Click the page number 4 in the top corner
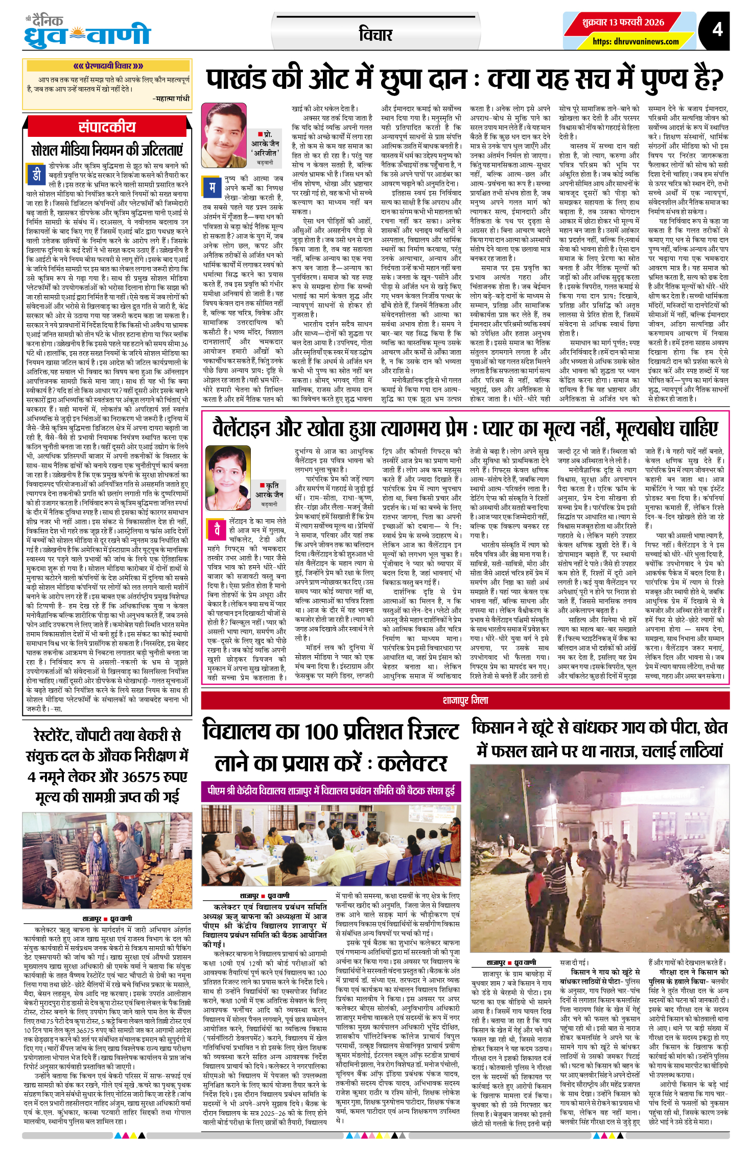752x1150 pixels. click(717, 29)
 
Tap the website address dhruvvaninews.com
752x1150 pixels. click(636, 41)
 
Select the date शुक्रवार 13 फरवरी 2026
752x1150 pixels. click(623, 22)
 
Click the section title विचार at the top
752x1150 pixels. click(375, 35)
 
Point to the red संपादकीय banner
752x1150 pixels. click(107, 127)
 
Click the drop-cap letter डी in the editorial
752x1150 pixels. click(36, 175)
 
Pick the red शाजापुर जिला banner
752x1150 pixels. click(465, 700)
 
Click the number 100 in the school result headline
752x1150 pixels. click(321, 731)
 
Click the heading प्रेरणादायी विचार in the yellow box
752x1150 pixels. click(107, 66)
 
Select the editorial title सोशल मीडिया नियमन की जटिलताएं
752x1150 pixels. click(107, 150)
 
